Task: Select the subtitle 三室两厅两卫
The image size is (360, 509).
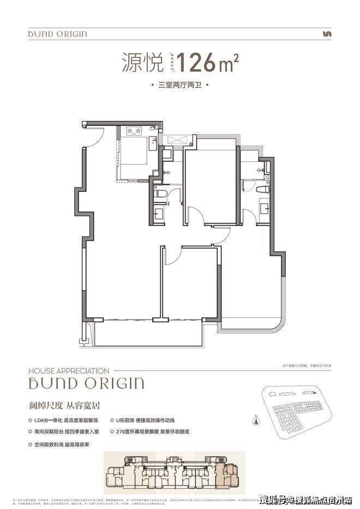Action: [179, 86]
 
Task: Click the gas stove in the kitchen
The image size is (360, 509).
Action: [134, 131]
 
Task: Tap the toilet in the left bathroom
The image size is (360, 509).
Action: [160, 193]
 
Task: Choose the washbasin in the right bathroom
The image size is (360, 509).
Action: [263, 208]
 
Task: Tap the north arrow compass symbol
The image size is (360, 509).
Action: [255, 421]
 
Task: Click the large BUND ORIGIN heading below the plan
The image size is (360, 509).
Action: [87, 383]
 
